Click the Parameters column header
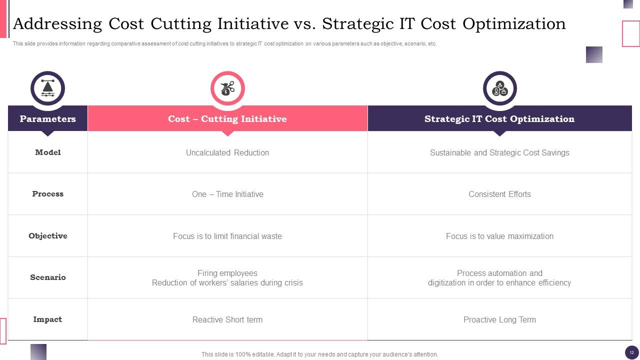click(x=47, y=119)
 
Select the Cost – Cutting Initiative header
click(x=227, y=119)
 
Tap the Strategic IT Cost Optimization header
click(x=499, y=119)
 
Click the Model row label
click(x=47, y=152)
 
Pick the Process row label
click(x=47, y=194)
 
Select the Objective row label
click(x=47, y=236)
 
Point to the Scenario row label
click(x=47, y=277)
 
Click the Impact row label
click(x=47, y=319)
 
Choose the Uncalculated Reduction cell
click(x=227, y=153)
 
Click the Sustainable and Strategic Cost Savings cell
click(x=499, y=153)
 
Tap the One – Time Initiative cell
click(x=227, y=194)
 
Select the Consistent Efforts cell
click(x=499, y=194)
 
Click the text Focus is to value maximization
click(x=499, y=236)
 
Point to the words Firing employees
click(x=227, y=273)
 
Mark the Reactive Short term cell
click(x=227, y=320)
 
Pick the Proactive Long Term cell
click(x=499, y=320)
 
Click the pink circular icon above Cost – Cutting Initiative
click(x=227, y=88)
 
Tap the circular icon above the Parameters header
click(x=47, y=88)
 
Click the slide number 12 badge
click(x=631, y=352)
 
